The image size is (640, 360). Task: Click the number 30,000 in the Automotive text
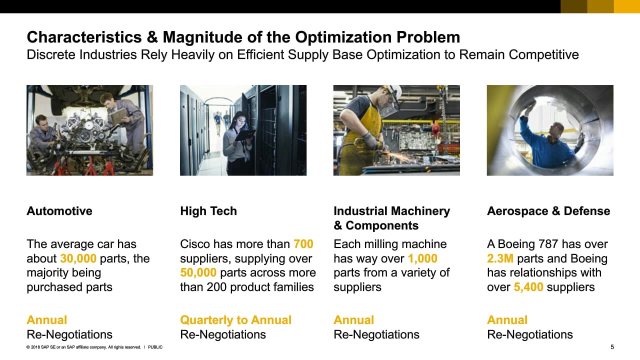point(78,258)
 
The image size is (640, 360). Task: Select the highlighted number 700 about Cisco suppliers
point(303,244)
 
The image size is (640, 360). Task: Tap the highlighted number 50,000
point(198,273)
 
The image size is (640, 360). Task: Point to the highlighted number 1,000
point(422,258)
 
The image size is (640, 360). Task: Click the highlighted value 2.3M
point(500,258)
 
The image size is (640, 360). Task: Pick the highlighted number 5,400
point(528,287)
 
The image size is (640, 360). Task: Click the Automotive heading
point(59,211)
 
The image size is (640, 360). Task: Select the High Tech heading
point(208,211)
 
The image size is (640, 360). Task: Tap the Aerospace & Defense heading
point(548,211)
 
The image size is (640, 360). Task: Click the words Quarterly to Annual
point(235,320)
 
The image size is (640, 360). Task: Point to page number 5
point(612,347)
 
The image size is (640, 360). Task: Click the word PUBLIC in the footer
point(155,347)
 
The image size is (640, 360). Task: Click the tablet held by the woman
point(245,135)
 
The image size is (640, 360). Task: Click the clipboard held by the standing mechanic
point(117,116)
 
